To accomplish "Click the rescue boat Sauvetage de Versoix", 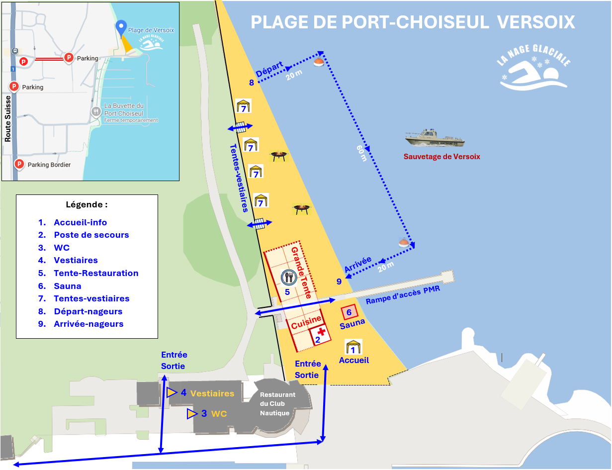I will click(435, 138).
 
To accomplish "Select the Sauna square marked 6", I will click(349, 312).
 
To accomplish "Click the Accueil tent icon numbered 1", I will click(353, 347).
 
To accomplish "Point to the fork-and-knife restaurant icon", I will click(288, 277).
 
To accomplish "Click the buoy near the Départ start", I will click(319, 62).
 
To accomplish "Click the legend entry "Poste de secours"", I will click(91, 235).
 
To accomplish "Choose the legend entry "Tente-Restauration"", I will click(96, 273).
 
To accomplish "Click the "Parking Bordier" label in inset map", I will click(49, 165).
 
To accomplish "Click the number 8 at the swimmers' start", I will click(252, 83).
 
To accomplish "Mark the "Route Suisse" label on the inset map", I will click(8, 119).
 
